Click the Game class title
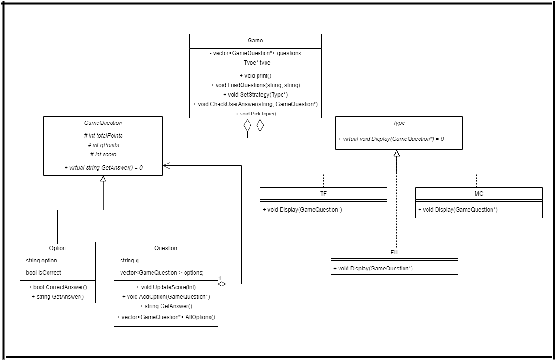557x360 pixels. (255, 41)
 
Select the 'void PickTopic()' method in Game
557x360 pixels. (255, 114)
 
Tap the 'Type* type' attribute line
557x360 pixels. (255, 62)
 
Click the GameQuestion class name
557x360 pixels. (103, 123)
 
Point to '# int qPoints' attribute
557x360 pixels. (103, 145)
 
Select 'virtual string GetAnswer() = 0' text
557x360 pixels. (103, 167)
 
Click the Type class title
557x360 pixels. (399, 123)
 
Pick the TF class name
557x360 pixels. (323, 194)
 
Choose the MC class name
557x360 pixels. (479, 194)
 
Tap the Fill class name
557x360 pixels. (394, 253)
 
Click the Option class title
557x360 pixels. (57, 248)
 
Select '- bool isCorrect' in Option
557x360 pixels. (42, 272)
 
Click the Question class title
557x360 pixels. (166, 248)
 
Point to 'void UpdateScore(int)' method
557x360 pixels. (166, 287)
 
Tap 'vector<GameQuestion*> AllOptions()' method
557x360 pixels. (166, 317)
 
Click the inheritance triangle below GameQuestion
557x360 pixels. (103, 179)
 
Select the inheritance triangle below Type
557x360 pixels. (396, 153)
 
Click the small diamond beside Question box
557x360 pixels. (222, 284)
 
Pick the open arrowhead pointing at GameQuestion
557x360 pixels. (166, 165)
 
